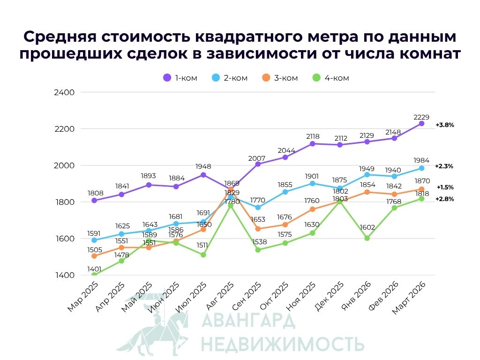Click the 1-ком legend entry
pyautogui.click(x=180, y=78)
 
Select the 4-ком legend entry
pyautogui.click(x=330, y=78)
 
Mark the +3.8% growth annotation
pyautogui.click(x=444, y=125)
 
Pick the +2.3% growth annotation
pyautogui.click(x=444, y=166)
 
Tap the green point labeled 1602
pyautogui.click(x=367, y=238)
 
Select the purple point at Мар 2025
pyautogui.click(x=94, y=200)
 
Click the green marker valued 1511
pyautogui.click(x=203, y=255)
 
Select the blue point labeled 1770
pyautogui.click(x=258, y=207)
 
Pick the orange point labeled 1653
pyautogui.click(x=258, y=229)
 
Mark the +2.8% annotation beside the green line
pyautogui.click(x=444, y=199)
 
